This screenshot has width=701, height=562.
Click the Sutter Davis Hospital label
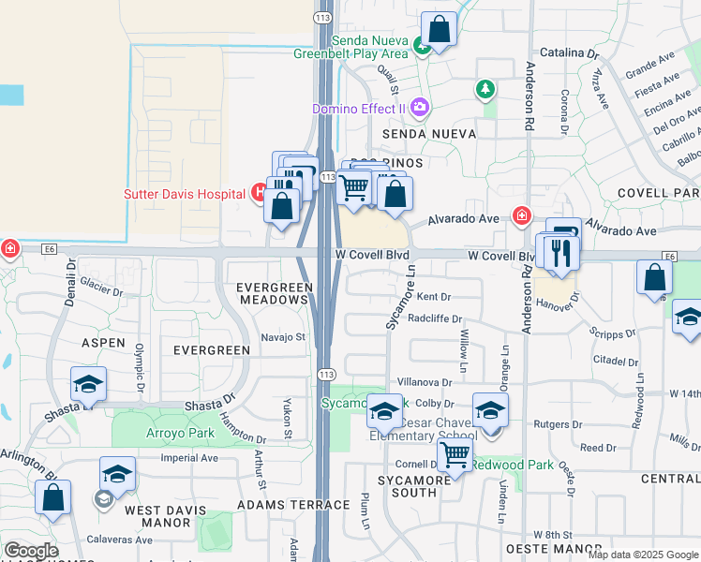pos(185,194)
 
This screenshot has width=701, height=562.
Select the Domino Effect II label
pos(357,109)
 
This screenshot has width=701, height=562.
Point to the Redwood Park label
pos(512,465)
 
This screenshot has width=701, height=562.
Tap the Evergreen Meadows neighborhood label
pos(272,292)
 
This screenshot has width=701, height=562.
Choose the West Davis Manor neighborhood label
pos(160,517)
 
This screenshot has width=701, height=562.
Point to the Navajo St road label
pos(283,336)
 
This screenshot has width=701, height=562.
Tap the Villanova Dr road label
pos(425,382)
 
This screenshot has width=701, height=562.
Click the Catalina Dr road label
pos(568,54)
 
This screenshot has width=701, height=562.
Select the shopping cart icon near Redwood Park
pos(455,456)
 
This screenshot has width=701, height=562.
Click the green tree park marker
pos(485,90)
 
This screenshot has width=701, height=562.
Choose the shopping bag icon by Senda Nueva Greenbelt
pos(439,28)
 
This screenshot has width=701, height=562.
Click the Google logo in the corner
pos(31,551)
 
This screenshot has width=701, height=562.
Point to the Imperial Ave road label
pos(189,458)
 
